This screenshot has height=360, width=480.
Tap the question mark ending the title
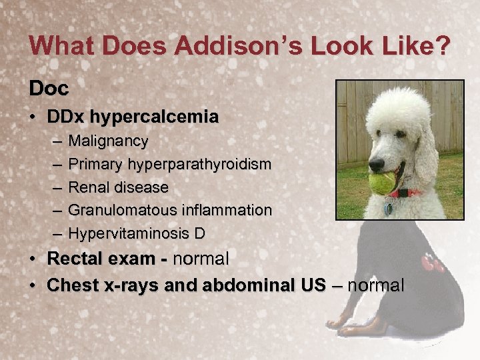[441, 46]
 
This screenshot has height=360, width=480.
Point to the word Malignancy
[108, 141]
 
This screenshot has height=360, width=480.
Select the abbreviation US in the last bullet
[313, 285]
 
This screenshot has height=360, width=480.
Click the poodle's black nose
[377, 163]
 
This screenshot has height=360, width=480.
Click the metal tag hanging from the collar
[388, 209]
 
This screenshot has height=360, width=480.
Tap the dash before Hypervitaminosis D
[55, 233]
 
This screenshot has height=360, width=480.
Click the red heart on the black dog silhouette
[434, 263]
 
